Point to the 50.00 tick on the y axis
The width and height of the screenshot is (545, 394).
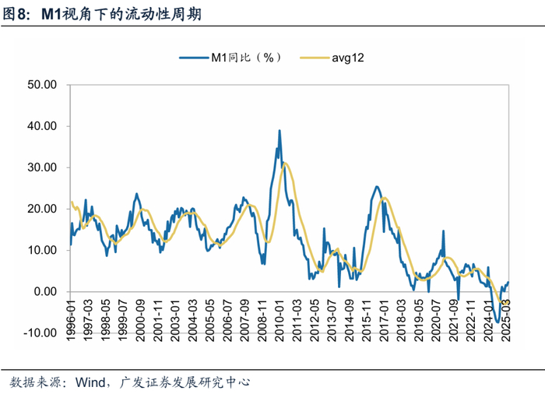tap(43, 84)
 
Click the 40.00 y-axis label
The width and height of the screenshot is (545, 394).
tap(43, 126)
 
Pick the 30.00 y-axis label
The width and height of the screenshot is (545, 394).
tap(43, 167)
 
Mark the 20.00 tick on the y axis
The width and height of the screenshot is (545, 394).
tap(43, 209)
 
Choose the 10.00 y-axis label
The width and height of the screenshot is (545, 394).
tap(43, 250)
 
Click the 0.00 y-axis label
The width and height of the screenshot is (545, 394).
tap(46, 291)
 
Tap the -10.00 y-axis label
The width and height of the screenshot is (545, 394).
tap(40, 332)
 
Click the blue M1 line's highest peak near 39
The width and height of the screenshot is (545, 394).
tap(279, 131)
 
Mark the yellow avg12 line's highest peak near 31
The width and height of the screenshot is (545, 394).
tap(286, 163)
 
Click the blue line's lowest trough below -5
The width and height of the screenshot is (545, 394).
tap(497, 321)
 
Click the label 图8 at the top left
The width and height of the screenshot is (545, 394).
tap(17, 13)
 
